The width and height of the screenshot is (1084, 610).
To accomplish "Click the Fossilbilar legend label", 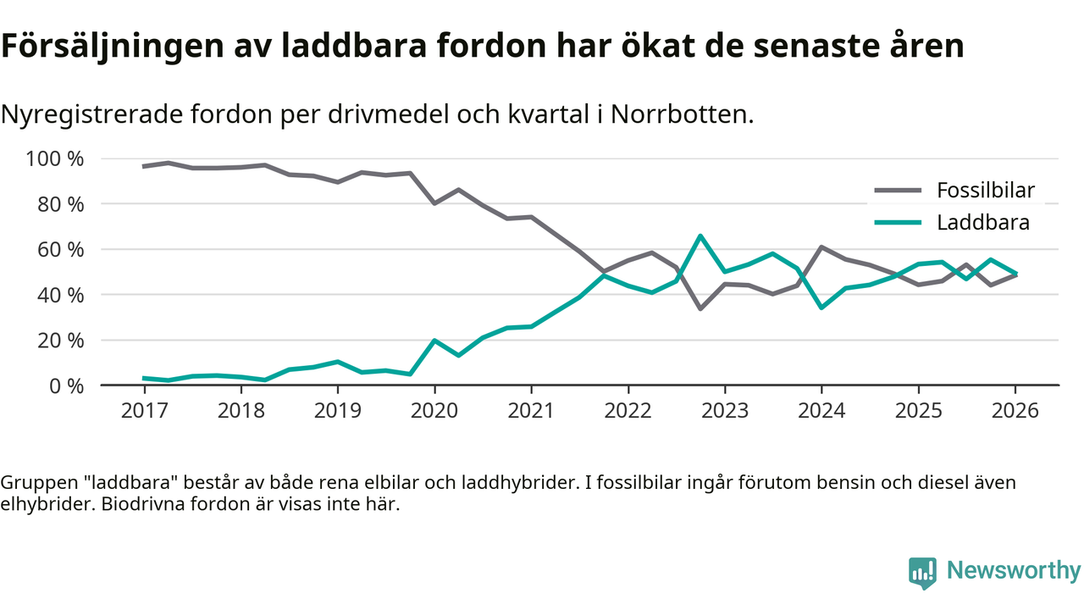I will pos(985,190).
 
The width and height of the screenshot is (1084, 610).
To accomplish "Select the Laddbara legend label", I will pos(982,223).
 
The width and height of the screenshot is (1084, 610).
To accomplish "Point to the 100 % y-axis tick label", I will pos(55,159).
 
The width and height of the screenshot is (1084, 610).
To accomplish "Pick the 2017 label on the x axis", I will pos(144,412).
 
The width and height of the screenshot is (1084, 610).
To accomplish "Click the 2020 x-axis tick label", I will pos(434,412).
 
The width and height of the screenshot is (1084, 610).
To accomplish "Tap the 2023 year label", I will pos(725,412).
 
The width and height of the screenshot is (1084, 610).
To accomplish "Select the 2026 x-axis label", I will pos(1015,412).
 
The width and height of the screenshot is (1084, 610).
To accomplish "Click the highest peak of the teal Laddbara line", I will pos(700,236).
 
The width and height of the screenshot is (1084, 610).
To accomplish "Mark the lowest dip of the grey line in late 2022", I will pos(700,308).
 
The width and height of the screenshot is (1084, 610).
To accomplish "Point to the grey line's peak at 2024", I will pos(821,247).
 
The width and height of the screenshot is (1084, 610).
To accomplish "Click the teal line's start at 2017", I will pos(144,378).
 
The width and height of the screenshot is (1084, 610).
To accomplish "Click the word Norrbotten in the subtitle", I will pos(683,114).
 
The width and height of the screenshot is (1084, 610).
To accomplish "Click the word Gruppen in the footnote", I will pos(37,483).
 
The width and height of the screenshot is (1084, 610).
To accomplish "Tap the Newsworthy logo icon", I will pos(922,573).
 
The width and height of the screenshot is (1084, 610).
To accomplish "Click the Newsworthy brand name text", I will pos(1013,571).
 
